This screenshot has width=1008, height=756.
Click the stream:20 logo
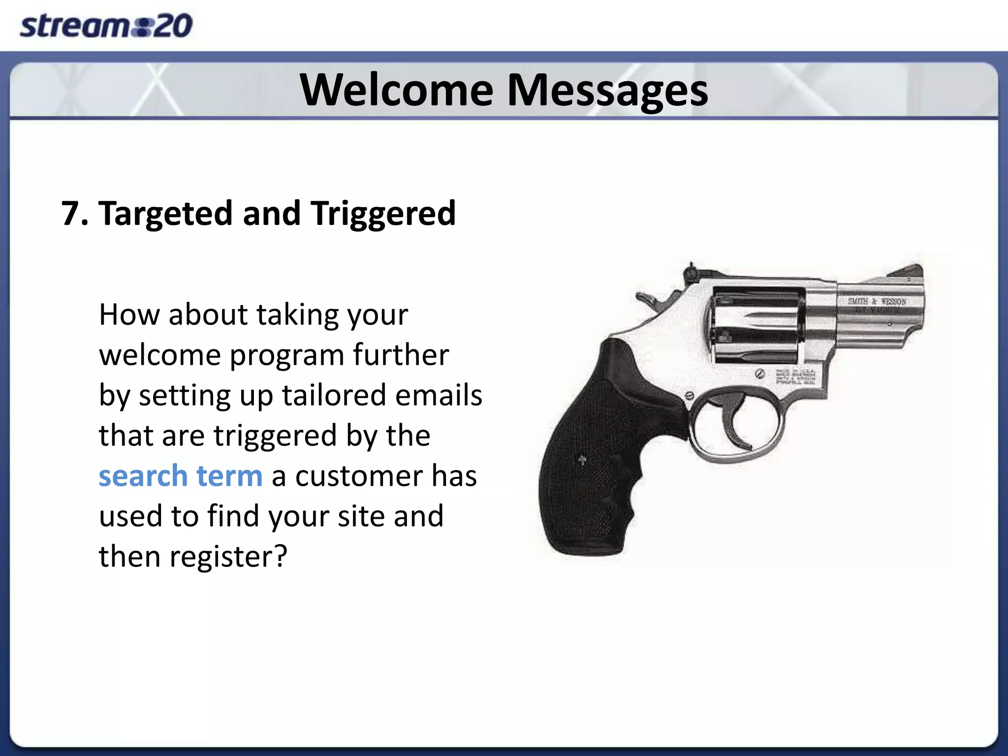click(x=106, y=26)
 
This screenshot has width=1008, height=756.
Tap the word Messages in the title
click(x=607, y=91)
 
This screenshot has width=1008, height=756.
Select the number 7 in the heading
click(x=71, y=214)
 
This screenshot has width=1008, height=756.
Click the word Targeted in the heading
click(x=165, y=214)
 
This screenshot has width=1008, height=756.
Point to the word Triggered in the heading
click(x=383, y=214)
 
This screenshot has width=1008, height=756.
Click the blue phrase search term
click(x=180, y=476)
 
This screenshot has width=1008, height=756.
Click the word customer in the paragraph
click(x=358, y=476)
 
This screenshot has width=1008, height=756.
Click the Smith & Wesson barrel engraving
click(x=877, y=301)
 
